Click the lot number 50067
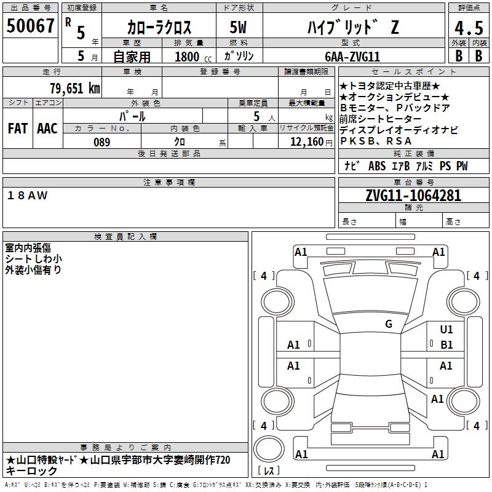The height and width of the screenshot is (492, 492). (x=30, y=26)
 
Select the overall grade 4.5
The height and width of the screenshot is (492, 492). (x=469, y=28)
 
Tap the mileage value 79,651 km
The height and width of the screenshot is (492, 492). (x=75, y=89)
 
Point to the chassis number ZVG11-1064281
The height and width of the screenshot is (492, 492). (x=413, y=195)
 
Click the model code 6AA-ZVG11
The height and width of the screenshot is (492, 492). (x=352, y=57)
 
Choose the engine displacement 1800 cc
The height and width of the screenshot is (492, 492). (x=193, y=57)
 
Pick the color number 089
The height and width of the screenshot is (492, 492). (x=102, y=142)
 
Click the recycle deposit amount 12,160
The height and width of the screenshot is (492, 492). (x=307, y=142)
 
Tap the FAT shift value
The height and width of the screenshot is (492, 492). (x=18, y=129)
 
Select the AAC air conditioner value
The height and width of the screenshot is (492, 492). (x=47, y=129)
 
